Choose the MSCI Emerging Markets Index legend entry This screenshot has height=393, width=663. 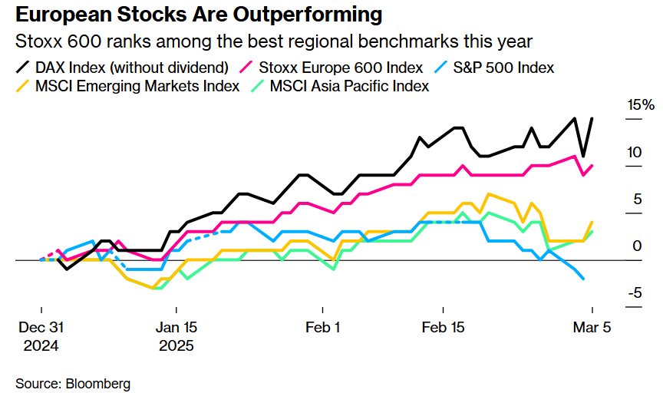point(127,86)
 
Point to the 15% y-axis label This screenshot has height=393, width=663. point(638,105)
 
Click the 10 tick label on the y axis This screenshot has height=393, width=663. point(634,152)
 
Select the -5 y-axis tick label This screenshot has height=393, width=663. point(634,293)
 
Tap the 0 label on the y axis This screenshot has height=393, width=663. point(637,246)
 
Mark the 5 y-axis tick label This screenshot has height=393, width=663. point(637,200)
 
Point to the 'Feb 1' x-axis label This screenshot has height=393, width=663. point(323,327)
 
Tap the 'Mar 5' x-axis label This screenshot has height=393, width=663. point(592,327)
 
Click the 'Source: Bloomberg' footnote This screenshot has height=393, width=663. point(73,382)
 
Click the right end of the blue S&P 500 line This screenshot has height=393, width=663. point(584,279)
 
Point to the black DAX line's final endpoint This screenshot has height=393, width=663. point(592,118)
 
